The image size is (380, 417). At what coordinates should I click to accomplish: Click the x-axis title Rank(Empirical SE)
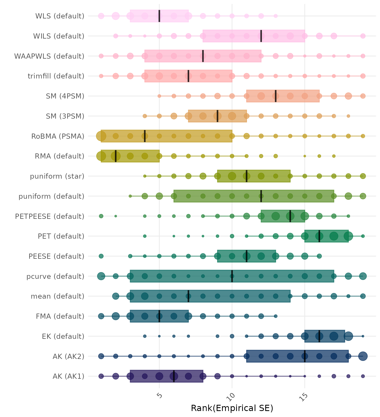click(232, 408)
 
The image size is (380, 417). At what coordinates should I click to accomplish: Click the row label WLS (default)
click(60, 16)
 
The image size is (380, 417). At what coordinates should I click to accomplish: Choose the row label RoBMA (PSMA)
click(58, 136)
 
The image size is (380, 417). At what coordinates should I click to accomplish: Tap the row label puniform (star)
click(57, 176)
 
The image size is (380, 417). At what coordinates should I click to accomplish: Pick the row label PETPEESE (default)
click(50, 216)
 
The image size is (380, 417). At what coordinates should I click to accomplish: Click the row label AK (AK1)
click(68, 376)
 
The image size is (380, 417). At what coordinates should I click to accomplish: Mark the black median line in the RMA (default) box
click(116, 156)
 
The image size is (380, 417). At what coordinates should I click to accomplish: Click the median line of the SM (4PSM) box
click(275, 96)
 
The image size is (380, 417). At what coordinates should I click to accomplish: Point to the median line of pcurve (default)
click(232, 276)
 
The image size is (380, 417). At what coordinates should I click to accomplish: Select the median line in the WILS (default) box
click(261, 36)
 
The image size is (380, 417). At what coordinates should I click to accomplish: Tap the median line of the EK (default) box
click(319, 336)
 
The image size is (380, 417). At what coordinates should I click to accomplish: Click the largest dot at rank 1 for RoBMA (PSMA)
click(101, 136)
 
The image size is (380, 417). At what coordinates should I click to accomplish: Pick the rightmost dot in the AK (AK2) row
click(363, 356)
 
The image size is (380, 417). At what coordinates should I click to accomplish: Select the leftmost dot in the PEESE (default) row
click(101, 256)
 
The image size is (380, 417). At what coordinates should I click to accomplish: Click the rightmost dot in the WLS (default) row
click(275, 16)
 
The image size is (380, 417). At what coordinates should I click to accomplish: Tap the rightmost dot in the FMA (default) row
click(275, 316)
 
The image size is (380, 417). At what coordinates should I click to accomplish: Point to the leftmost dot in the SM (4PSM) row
click(159, 96)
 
